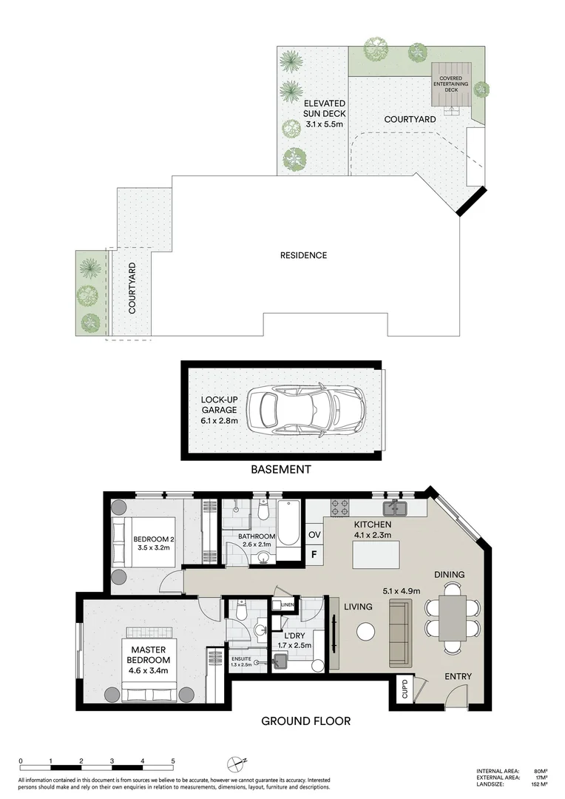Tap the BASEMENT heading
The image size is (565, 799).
pos(280,469)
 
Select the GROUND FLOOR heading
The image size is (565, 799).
pos(305,721)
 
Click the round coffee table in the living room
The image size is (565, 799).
pos(366,631)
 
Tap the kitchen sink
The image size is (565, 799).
pos(394,508)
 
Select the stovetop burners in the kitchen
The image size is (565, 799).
pos(339,508)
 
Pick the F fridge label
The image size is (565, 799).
pos(314,554)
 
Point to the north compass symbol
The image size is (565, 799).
pos(236,763)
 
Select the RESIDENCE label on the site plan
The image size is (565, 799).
pos(303,255)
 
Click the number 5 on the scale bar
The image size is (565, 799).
pos(173,761)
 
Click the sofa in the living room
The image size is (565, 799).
pos(399,631)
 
